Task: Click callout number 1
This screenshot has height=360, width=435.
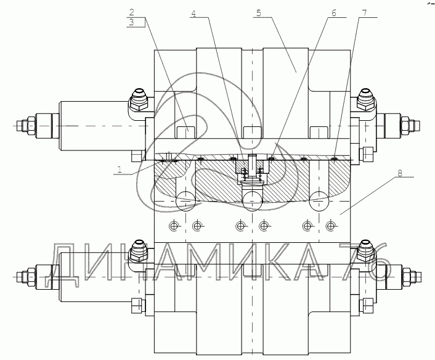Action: click(x=120, y=170)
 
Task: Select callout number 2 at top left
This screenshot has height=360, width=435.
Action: click(x=131, y=12)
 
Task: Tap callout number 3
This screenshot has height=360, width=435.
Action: click(x=131, y=22)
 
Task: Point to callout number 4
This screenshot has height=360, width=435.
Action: click(x=193, y=14)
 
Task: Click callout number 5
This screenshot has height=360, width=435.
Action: click(x=259, y=13)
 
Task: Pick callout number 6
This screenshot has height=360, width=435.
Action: click(x=333, y=13)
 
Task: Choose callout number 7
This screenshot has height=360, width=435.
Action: click(x=364, y=13)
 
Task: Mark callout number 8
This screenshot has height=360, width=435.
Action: click(x=399, y=173)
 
